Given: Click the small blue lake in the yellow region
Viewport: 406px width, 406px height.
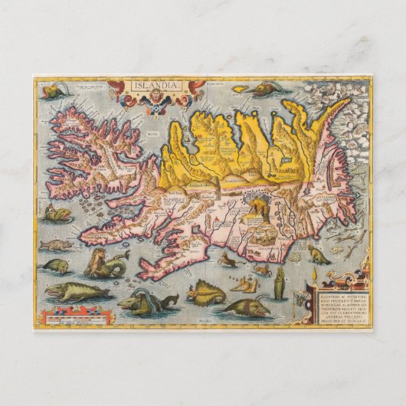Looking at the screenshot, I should click(x=287, y=163).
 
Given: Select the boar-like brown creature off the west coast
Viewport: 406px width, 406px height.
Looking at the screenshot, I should click(x=54, y=245).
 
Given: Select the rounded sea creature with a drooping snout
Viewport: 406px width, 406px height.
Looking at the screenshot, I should click(x=56, y=266).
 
